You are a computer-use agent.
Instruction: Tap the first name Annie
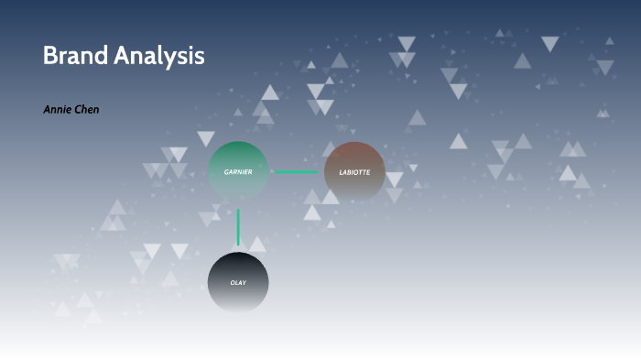pyautogui.click(x=57, y=110)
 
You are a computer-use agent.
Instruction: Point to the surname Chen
pyautogui.click(x=88, y=110)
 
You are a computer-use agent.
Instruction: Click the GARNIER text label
pyautogui.click(x=238, y=171)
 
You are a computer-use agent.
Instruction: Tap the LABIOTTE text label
pyautogui.click(x=354, y=172)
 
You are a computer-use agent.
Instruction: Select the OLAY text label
pyautogui.click(x=238, y=282)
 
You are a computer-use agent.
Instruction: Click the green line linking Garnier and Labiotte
pyautogui.click(x=296, y=172)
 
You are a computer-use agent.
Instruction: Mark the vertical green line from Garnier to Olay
pyautogui.click(x=238, y=226)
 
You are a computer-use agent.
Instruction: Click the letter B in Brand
pyautogui.click(x=49, y=56)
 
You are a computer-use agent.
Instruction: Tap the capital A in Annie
pyautogui.click(x=48, y=110)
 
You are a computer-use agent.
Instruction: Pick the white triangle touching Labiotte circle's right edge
pyautogui.click(x=394, y=180)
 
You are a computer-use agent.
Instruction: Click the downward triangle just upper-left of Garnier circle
pyautogui.click(x=206, y=138)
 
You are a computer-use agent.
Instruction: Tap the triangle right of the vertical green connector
pyautogui.click(x=257, y=244)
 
